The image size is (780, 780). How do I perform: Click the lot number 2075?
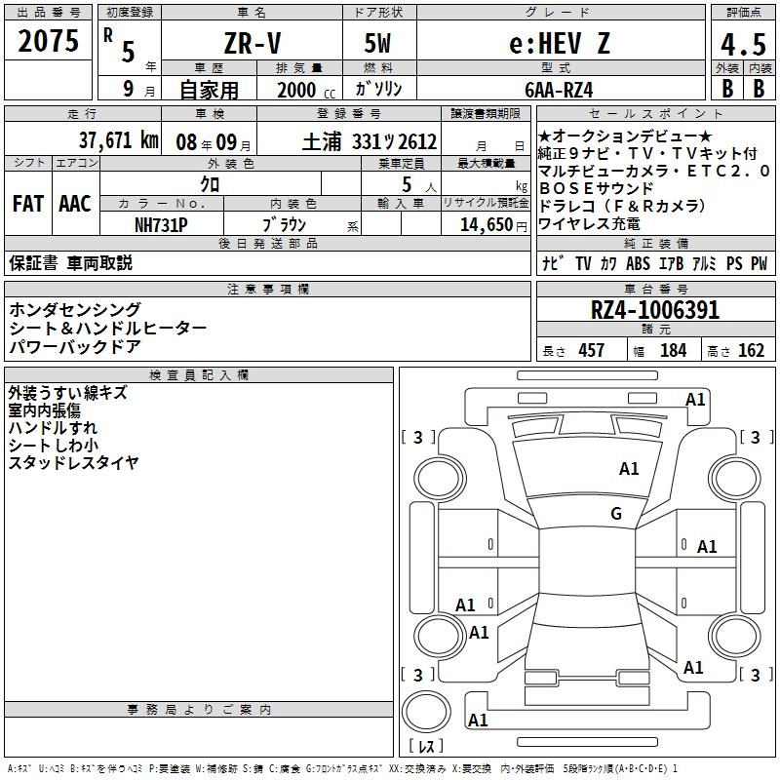[x=48, y=41]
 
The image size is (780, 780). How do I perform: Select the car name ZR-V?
[x=253, y=43]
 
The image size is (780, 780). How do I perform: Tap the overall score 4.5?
[x=743, y=45]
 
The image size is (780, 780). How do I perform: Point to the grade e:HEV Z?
[x=560, y=43]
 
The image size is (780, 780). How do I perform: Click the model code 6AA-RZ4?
[x=559, y=90]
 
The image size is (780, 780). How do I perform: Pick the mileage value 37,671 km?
[x=118, y=139]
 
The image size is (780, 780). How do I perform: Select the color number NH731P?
[x=161, y=225]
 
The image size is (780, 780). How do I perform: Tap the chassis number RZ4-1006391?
[x=654, y=310]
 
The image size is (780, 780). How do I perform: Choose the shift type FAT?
[x=28, y=204]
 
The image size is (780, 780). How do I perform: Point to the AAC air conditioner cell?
[x=75, y=204]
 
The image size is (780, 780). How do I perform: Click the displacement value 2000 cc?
[x=306, y=90]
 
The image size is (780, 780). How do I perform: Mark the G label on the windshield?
[x=616, y=514]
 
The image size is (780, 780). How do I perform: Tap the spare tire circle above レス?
[x=426, y=712]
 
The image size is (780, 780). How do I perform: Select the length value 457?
[x=591, y=351]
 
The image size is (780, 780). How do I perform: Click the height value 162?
[x=751, y=351]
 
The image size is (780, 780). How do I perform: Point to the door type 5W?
[x=377, y=43]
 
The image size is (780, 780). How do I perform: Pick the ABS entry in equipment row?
[x=638, y=263]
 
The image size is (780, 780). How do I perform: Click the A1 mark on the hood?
[x=629, y=469]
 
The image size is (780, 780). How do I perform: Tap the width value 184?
[x=673, y=351]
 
